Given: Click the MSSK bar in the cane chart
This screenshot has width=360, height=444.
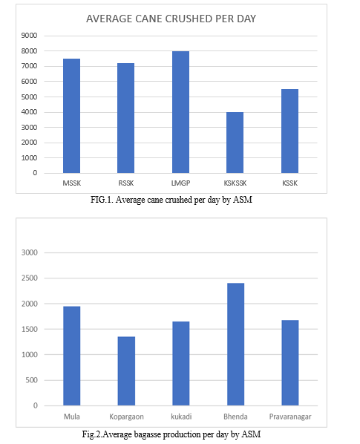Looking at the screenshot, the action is [71, 116].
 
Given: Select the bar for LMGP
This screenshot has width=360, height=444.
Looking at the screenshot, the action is [181, 112].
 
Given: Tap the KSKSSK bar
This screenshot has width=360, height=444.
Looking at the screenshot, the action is [235, 143].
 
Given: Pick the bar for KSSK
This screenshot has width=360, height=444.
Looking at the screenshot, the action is [289, 131].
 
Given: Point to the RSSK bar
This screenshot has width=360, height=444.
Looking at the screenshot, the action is [126, 118].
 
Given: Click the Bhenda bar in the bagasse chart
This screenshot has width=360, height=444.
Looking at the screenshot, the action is [236, 345].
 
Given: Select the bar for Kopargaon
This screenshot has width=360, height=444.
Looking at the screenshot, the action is [126, 371].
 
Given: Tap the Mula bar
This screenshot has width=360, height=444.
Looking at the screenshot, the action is [72, 356].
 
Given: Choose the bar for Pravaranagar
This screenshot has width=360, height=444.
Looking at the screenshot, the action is [290, 363].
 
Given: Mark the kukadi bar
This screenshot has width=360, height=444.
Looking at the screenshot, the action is [181, 364].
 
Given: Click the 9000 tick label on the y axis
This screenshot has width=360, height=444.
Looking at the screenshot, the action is [29, 36].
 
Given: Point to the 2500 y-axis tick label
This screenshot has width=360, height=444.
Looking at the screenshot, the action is [30, 278].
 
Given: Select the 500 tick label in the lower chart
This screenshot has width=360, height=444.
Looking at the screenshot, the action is [31, 380].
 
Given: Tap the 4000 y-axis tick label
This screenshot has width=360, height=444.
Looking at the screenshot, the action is [29, 112].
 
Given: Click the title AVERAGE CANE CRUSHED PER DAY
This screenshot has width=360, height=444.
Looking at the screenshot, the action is [171, 19].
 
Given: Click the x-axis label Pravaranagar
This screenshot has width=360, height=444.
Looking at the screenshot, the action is [290, 417].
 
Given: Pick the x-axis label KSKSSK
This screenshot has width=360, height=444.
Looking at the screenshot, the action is [235, 183].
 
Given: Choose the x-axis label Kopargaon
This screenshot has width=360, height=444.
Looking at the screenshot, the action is [126, 417].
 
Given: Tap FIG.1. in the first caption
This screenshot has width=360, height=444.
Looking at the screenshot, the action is [102, 200].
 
